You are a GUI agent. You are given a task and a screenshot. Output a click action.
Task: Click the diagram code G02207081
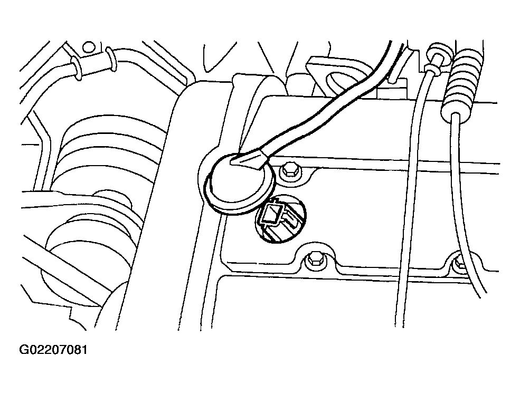pos(53,350)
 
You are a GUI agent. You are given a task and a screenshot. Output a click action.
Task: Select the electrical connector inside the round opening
pos(279,219)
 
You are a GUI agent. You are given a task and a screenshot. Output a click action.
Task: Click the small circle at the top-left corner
pos(88,47)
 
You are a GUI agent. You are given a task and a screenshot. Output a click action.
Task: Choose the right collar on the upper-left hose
pos(110,60)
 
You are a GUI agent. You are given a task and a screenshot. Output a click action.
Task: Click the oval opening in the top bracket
pos(342,82)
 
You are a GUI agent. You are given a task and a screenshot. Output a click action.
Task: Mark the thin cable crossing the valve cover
pos(408,199)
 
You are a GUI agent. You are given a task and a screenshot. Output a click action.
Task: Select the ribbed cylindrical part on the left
pos(109,149)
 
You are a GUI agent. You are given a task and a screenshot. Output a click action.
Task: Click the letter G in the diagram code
pos(24,350)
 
